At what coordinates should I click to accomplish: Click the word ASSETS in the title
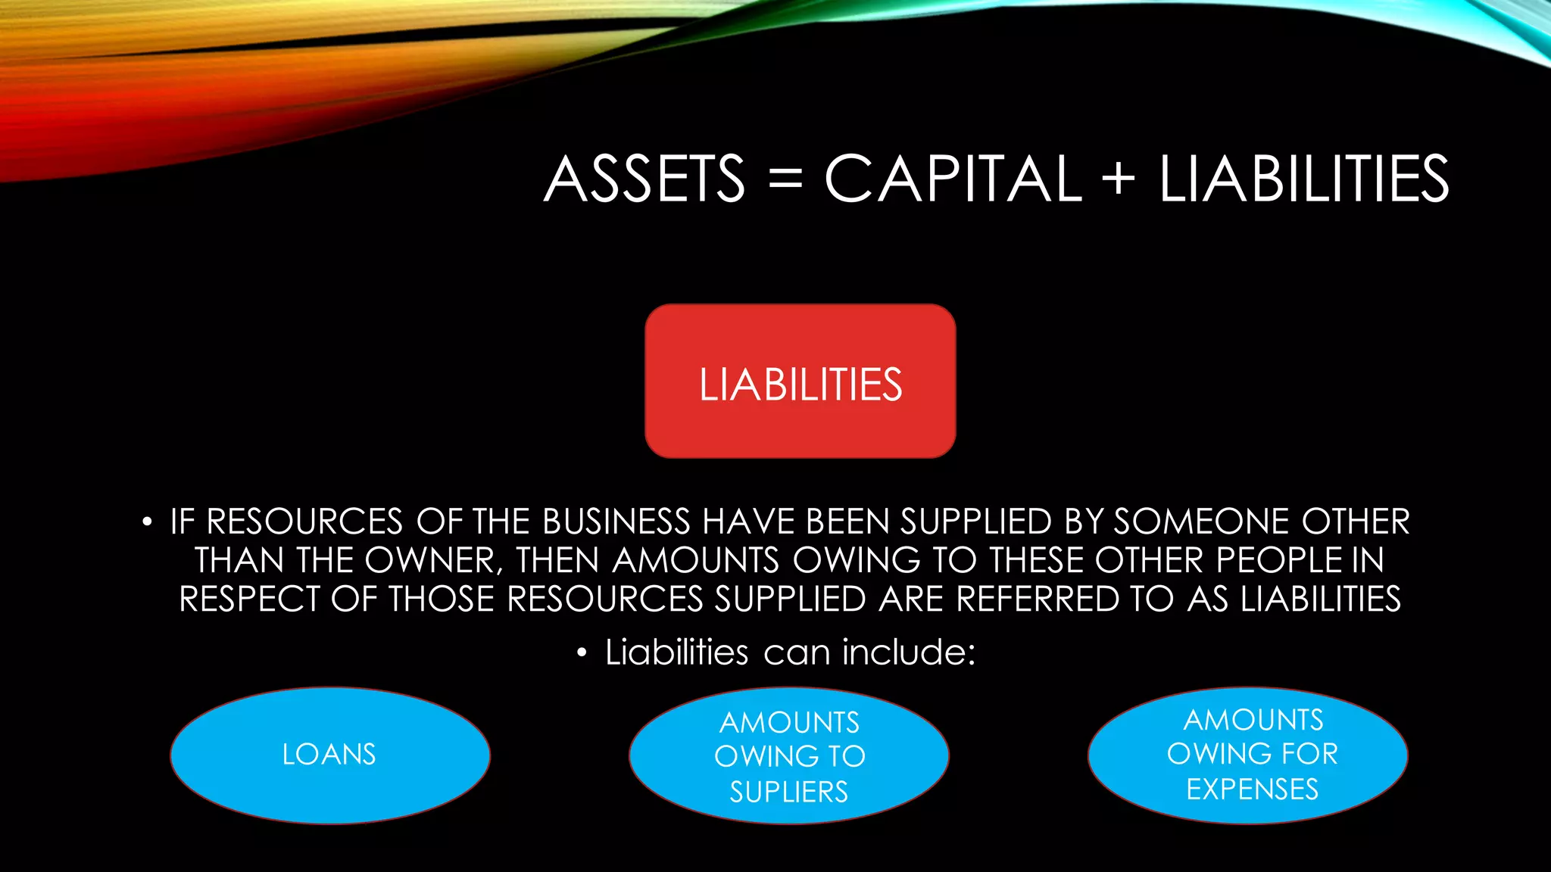(644, 179)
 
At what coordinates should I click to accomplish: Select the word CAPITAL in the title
(953, 179)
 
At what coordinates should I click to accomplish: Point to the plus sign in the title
(1119, 180)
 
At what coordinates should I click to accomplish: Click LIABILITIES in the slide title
(1303, 179)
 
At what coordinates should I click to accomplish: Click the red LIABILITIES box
(800, 381)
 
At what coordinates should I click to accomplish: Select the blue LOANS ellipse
(329, 755)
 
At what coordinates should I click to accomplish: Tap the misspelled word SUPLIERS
(788, 792)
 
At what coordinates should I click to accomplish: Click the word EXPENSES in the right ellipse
(1252, 789)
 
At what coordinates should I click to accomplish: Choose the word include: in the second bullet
(909, 652)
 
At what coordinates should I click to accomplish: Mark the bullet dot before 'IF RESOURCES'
(147, 522)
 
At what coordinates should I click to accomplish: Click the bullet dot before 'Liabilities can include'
(582, 652)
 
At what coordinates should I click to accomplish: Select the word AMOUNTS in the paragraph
(695, 560)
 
